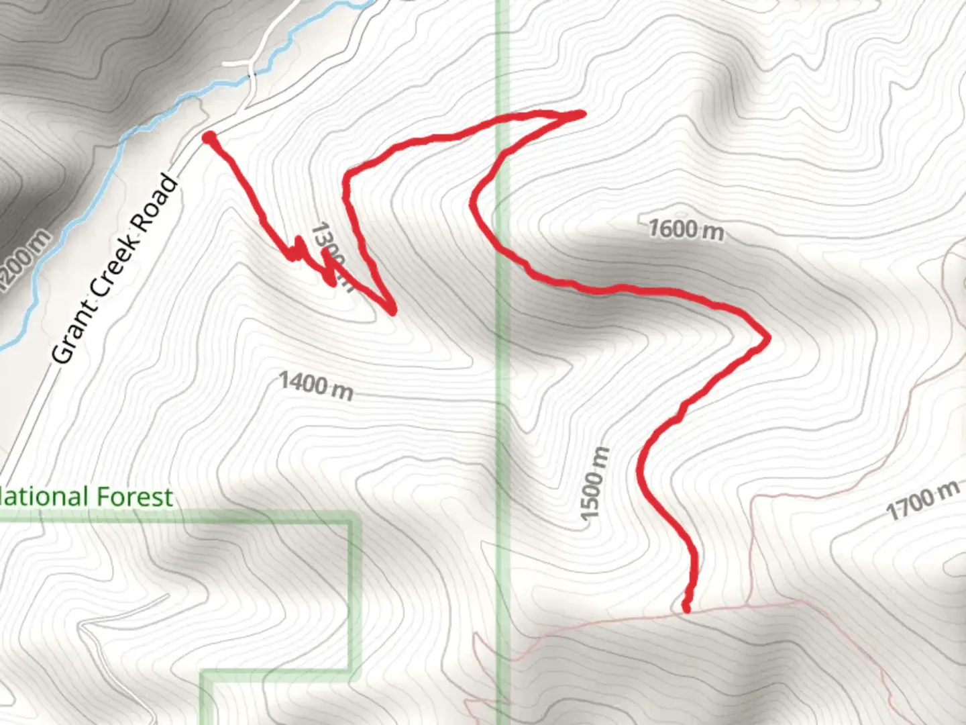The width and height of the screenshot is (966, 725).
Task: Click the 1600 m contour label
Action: pos(686,230)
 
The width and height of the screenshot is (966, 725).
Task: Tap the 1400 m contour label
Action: pos(315,385)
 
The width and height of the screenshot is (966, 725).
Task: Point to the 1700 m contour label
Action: pos(922,501)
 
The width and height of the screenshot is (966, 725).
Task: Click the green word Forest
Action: pos(134,497)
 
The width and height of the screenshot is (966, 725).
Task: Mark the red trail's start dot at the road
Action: pos(209,138)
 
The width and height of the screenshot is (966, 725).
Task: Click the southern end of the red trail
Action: pos(686,608)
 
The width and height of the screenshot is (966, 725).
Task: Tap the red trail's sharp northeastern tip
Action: pos(581,114)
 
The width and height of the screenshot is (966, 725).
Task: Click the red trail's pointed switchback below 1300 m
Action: pos(392,310)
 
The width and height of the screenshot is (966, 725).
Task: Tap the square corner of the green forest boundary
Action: pos(350,518)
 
